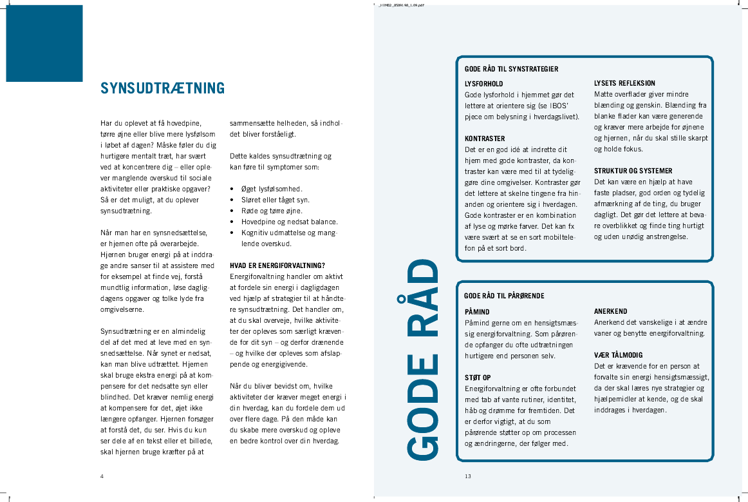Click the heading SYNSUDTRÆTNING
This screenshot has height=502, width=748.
click(162, 88)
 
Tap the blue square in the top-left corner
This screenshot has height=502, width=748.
click(44, 43)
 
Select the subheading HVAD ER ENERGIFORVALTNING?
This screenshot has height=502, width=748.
click(277, 265)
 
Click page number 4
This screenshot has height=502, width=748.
click(102, 476)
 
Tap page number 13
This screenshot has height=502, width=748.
click(468, 476)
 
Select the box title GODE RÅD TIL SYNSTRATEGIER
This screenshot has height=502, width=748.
click(511, 69)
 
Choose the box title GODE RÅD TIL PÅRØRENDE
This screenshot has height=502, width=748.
click(504, 296)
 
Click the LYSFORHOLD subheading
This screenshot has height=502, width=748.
click(484, 84)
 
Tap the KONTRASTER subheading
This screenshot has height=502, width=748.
click(485, 139)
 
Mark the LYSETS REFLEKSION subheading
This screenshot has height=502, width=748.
click(624, 83)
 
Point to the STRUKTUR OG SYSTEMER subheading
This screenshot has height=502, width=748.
click(633, 171)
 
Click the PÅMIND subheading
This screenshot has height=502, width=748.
click(477, 312)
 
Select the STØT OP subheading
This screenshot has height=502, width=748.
click(478, 378)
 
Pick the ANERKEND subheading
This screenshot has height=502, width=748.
click(610, 311)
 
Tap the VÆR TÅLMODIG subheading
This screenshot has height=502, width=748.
click(618, 355)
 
